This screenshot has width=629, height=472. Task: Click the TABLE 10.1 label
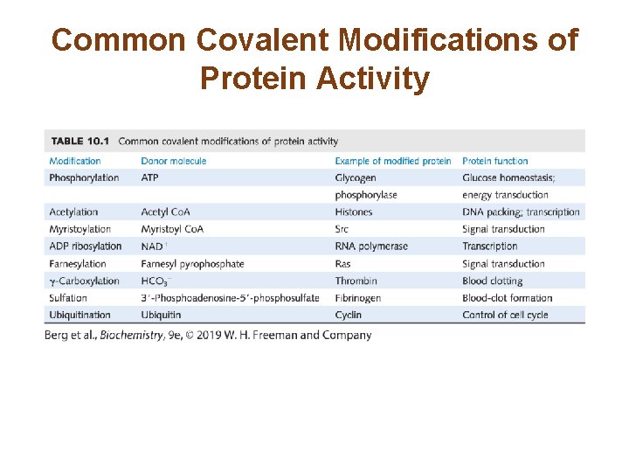(x=79, y=141)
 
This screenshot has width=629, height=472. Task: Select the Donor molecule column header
(x=173, y=161)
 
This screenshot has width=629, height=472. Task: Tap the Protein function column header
(x=494, y=161)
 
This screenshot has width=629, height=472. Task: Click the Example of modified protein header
(x=393, y=161)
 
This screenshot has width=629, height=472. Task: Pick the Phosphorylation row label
(x=84, y=178)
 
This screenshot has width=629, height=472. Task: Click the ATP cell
(x=150, y=178)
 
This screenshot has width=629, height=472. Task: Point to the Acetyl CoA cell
(x=165, y=212)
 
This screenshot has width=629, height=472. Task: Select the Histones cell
(x=353, y=212)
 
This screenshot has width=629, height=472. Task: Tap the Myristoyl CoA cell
(x=172, y=229)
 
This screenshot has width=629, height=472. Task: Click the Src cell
(x=342, y=229)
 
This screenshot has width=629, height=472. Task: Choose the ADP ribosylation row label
(x=86, y=246)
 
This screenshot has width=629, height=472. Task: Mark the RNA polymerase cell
(x=371, y=246)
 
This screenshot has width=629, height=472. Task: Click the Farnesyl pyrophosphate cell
(x=192, y=264)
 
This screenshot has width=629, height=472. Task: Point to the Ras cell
(x=343, y=264)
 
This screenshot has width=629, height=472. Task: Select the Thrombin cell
(x=356, y=281)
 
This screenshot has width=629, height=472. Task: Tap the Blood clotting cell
(x=492, y=281)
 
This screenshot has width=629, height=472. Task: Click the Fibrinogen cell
(x=358, y=298)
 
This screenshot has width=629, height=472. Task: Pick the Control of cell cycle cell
(x=505, y=315)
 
